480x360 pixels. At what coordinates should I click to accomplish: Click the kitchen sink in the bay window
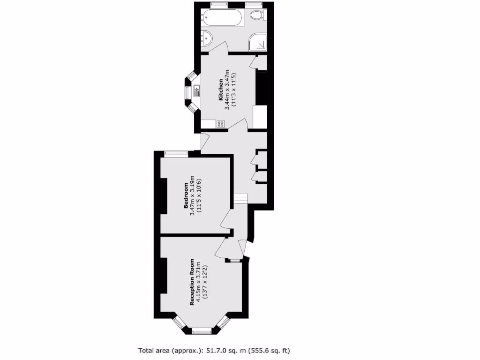click(196, 89)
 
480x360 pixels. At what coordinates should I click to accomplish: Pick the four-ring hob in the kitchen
click(220, 124)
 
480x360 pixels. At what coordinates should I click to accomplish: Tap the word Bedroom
click(186, 195)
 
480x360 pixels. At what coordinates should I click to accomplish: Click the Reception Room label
click(192, 282)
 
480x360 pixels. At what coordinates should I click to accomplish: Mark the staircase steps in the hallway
click(240, 199)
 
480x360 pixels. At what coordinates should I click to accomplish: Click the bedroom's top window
click(176, 153)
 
